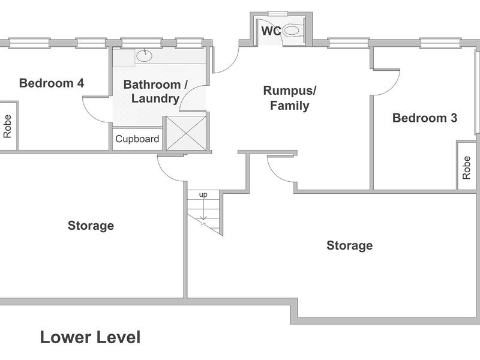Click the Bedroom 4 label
point(51,83)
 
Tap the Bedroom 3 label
point(424,118)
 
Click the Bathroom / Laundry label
point(155,92)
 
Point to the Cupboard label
point(137,139)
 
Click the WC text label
point(271,31)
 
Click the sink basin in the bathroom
point(145,56)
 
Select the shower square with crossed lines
point(185,133)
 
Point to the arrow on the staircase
point(205,213)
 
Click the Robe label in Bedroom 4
point(8,126)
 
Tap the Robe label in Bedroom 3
point(467,167)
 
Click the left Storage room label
point(91,226)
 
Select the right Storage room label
point(349,245)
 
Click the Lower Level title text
point(90,337)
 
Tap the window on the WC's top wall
point(277,13)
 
